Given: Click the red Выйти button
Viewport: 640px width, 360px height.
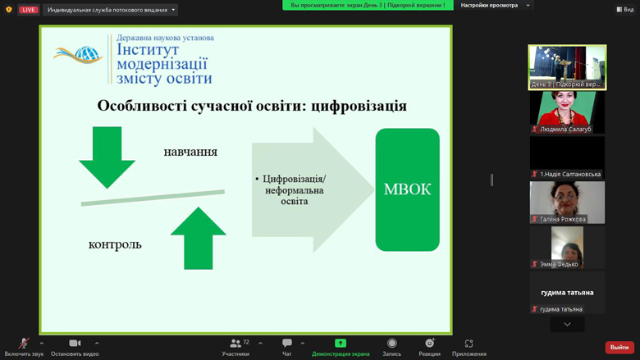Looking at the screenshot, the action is (619, 348).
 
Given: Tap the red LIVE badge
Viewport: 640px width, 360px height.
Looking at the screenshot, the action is (28, 10).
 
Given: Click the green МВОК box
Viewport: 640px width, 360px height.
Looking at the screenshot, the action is (407, 189).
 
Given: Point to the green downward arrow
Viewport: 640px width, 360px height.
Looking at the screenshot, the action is (107, 157).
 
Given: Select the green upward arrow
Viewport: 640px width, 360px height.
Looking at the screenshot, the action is (199, 238).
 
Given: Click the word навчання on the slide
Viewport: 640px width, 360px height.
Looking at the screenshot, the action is (190, 152).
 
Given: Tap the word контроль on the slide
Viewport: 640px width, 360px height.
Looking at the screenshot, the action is (115, 244).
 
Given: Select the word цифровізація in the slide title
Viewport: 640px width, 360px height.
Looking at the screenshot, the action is (359, 106).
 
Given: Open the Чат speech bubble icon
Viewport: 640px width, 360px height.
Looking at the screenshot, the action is (287, 344).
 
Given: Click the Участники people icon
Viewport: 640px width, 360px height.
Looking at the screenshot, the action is (235, 344).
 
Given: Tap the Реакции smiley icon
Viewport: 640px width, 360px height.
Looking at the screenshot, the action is (429, 344).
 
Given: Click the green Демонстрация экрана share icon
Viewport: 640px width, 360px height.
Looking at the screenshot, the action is (341, 344).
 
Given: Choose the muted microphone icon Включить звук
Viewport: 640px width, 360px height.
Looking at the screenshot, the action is (24, 344).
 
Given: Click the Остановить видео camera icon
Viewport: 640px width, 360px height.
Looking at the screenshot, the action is (75, 344).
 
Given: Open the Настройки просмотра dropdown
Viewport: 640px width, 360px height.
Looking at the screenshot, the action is (495, 5).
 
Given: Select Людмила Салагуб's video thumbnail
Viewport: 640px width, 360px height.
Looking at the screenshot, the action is (567, 112).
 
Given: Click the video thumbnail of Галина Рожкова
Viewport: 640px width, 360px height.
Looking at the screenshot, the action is (567, 203).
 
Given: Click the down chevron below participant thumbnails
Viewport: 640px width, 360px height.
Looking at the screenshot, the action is (567, 325).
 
